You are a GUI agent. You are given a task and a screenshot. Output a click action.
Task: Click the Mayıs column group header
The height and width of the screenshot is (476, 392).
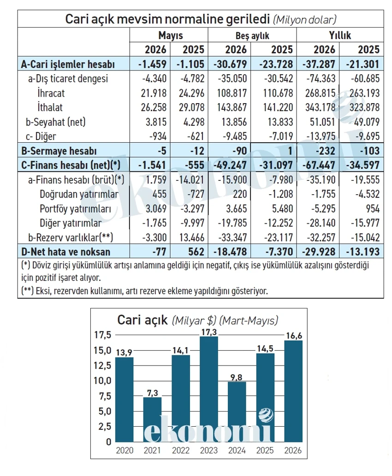tap(170, 35)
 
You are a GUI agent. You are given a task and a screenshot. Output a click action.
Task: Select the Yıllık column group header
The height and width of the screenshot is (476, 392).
tap(340, 35)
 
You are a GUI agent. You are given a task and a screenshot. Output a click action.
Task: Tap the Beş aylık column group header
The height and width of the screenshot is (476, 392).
tap(252, 35)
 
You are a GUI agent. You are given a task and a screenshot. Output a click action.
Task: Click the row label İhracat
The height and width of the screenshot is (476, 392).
tap(51, 93)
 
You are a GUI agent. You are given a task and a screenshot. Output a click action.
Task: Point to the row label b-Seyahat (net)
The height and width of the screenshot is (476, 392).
tap(56, 122)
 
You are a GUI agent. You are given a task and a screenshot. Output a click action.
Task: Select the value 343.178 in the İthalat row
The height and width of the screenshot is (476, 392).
tap(320, 107)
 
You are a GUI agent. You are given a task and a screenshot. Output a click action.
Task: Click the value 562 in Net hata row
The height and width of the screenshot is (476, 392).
tap(196, 252)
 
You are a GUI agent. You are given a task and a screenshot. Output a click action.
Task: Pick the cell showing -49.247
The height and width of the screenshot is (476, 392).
tap(231, 165)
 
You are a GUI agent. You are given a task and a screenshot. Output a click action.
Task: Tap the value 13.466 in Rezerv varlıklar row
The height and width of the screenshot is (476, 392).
tap(191, 237)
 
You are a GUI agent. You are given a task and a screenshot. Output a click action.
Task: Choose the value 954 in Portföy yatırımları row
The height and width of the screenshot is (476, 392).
tap(373, 209)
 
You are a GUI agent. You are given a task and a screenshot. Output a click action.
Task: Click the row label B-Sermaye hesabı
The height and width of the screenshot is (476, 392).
tap(59, 151)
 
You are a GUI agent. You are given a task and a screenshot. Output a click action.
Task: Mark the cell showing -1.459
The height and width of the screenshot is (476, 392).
tap(152, 64)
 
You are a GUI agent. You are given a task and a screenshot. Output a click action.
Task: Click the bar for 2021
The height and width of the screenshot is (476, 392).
tap(152, 419)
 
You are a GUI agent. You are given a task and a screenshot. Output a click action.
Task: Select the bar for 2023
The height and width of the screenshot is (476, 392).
tap(209, 389)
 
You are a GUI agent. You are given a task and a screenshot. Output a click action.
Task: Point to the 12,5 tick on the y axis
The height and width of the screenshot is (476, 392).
tap(103, 366)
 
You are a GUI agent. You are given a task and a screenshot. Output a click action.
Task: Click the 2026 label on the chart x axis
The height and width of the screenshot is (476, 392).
tap(293, 450)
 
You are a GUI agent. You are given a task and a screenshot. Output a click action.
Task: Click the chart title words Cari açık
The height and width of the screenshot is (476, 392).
tap(143, 320)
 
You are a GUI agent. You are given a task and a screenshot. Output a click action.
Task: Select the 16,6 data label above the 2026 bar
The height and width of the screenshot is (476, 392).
tap(294, 336)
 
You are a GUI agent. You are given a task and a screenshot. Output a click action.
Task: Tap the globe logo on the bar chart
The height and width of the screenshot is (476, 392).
tap(266, 415)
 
